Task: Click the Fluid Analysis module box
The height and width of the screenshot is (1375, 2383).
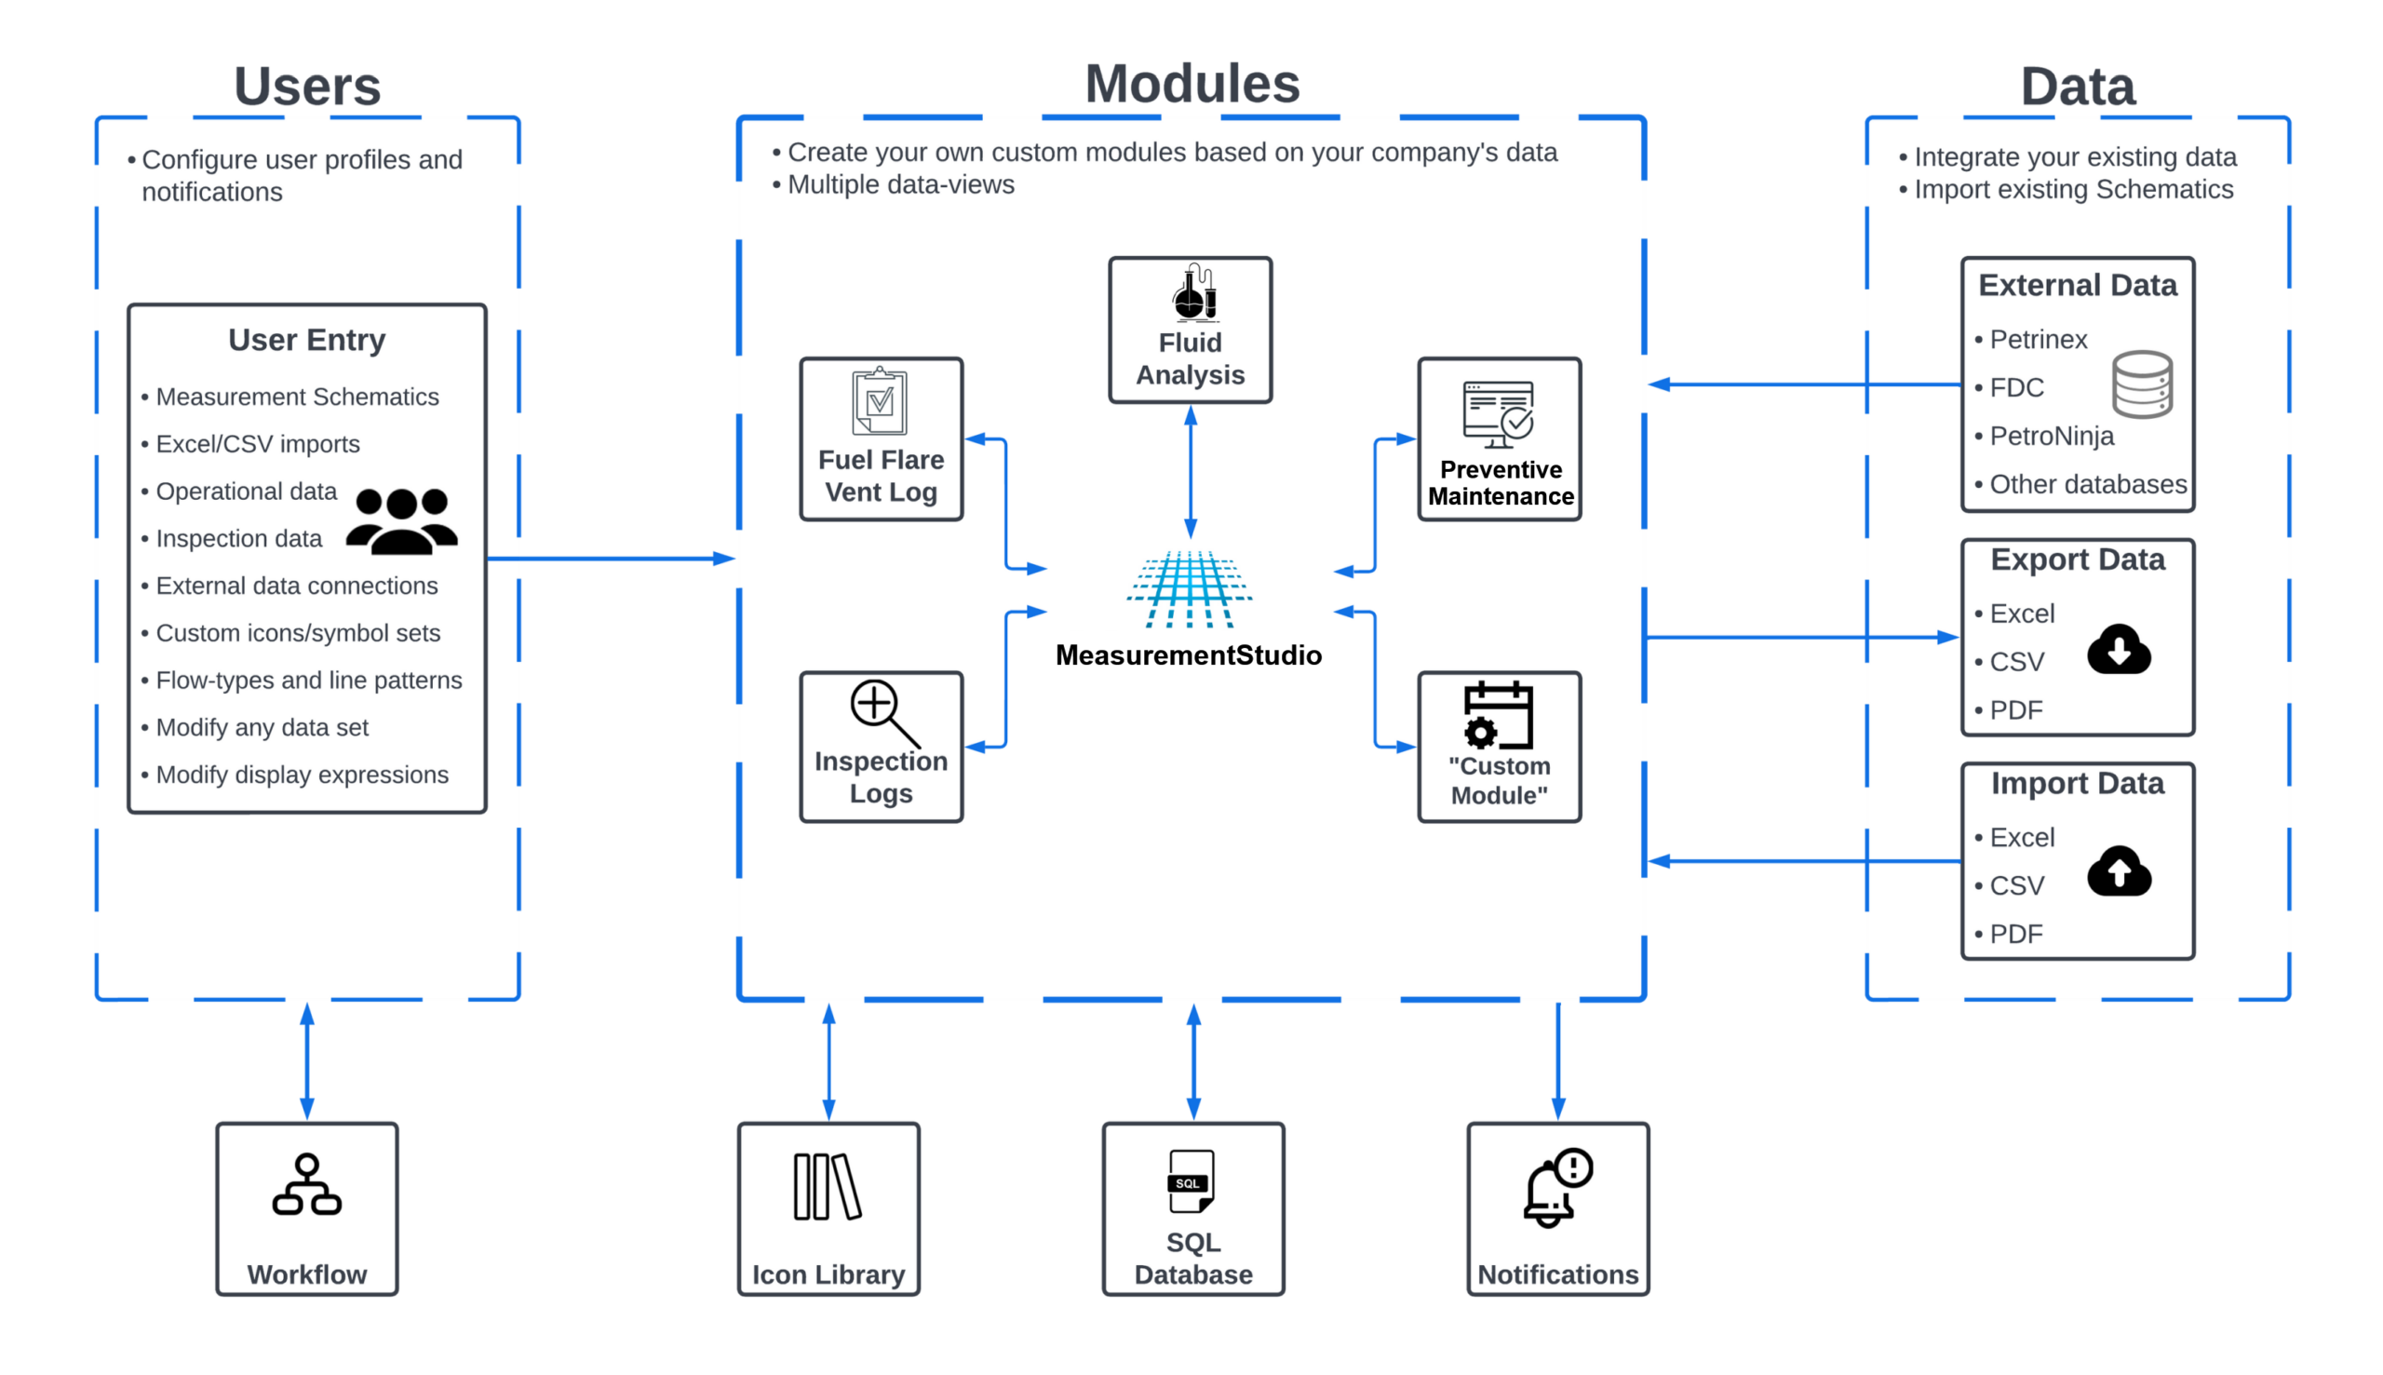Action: pos(1190,330)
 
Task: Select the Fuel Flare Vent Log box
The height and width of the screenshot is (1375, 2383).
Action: pos(881,439)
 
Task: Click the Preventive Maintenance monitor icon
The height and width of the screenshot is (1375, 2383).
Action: pos(1499,414)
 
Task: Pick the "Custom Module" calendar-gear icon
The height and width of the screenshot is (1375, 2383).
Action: pos(1498,715)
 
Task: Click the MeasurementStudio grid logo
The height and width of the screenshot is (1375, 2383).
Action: pos(1189,589)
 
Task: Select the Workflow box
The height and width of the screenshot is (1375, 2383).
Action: pos(307,1208)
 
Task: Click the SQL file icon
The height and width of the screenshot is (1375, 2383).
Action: pos(1191,1180)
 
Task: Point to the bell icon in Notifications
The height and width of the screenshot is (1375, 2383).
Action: pos(1556,1188)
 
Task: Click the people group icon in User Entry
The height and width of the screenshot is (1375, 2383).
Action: pos(402,520)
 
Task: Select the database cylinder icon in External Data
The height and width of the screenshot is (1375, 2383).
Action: pos(2142,384)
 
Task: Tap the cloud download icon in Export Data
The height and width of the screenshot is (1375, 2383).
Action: pos(2119,650)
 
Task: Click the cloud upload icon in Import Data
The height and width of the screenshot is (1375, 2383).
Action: pos(2119,871)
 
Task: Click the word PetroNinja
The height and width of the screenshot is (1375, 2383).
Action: pos(2052,437)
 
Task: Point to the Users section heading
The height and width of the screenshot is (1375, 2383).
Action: pos(307,86)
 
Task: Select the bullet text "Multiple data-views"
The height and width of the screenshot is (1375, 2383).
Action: pos(901,185)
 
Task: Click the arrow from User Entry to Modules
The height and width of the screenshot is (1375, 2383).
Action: pos(610,559)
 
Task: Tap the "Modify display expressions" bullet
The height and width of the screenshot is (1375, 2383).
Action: pos(302,775)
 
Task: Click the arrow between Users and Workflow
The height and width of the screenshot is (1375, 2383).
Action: pos(307,1061)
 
